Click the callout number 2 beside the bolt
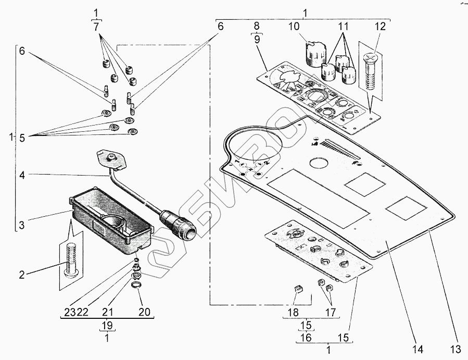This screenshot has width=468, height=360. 22,275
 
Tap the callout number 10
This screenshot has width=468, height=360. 294,26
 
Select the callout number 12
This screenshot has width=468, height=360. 380,26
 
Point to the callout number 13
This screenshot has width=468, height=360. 456,349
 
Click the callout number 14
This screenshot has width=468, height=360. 418,349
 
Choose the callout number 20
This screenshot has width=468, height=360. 144,312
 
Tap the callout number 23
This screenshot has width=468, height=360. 70,312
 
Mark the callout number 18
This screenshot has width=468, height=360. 293,312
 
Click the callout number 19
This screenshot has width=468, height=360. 107,325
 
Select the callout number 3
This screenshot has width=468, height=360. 22,225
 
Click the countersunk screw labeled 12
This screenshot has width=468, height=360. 371,72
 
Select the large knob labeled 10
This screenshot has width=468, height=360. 315,54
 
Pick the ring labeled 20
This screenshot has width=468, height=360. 136,284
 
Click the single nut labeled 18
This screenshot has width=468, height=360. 298,289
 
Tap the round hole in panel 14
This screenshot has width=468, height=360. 320,163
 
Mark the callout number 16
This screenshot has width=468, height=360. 306,338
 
